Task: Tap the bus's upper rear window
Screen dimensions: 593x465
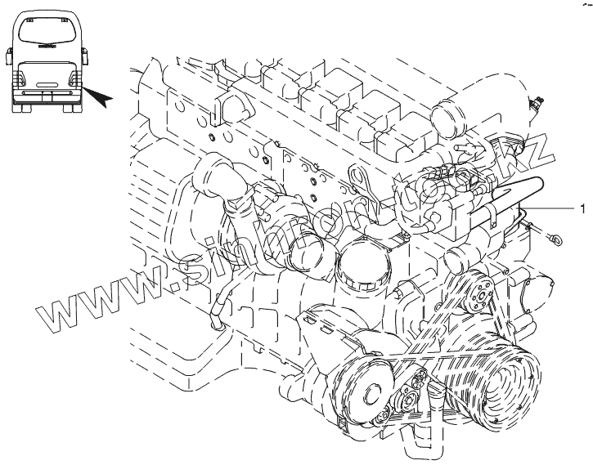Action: (46, 35)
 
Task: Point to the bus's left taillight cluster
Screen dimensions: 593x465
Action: (20, 79)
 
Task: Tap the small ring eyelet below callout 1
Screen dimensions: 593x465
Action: (556, 239)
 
